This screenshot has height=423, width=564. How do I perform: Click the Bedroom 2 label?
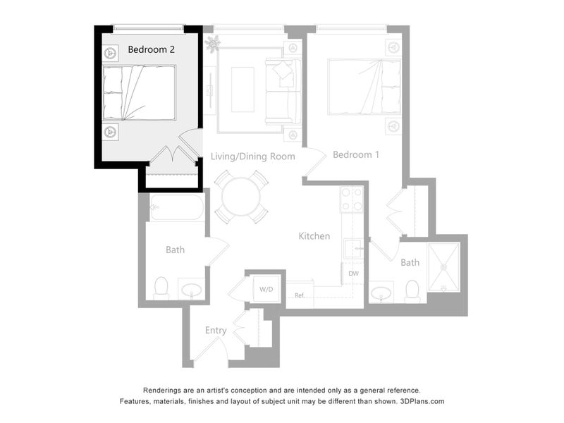pos(152,49)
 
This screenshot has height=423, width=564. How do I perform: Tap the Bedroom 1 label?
pos(356,154)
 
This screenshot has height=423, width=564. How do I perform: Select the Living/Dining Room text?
pos(253,157)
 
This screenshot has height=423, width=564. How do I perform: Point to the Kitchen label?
pos(314,236)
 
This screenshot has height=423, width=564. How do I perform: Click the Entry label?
pos(216,331)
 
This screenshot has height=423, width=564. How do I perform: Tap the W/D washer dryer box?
pos(266,289)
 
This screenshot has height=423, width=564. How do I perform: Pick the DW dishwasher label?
pos(354,274)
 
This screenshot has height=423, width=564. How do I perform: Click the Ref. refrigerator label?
pos(300,295)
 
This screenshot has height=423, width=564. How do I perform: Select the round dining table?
pos(241,197)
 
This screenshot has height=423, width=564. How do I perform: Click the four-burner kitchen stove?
pos(352,199)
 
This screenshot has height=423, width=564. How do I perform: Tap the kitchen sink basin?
pos(354,248)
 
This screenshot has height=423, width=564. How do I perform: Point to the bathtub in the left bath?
pos(177,207)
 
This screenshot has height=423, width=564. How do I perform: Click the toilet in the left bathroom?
pos(161,288)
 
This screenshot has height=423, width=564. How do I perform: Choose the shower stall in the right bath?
pos(444,267)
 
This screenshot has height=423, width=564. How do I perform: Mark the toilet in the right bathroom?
pos(412,291)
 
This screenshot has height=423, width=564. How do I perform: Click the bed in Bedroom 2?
pos(139,93)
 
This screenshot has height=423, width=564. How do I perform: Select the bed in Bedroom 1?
pos(364,87)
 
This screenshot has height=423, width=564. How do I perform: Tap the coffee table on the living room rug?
pos(243,90)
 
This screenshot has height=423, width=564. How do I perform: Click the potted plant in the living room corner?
pos(213,44)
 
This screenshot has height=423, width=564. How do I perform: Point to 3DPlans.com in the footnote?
pos(422,401)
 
